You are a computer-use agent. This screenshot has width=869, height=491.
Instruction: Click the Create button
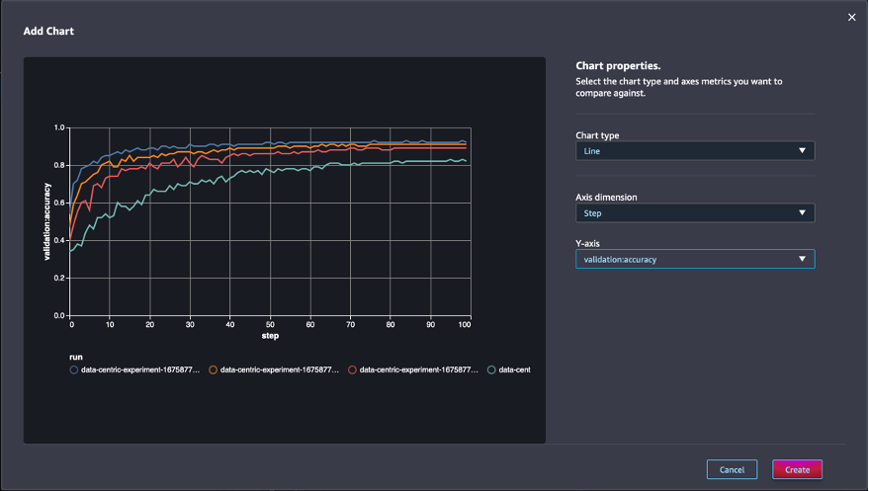797,469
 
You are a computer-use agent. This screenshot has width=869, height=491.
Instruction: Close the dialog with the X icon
851,17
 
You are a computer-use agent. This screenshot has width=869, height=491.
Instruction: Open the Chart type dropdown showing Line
695,151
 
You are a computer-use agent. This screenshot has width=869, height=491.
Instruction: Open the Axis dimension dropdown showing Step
695,212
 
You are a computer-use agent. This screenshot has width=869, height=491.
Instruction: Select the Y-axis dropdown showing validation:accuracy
695,260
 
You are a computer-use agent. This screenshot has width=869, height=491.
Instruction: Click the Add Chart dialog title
48,32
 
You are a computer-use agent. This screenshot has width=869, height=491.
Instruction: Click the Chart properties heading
618,66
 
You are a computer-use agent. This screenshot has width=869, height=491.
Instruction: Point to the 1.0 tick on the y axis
59,128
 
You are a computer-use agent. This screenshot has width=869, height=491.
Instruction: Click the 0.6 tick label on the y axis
59,204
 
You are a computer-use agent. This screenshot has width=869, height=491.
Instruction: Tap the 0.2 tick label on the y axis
59,279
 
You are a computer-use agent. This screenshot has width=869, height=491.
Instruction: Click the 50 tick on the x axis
270,324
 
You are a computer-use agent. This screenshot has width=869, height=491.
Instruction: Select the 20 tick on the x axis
150,324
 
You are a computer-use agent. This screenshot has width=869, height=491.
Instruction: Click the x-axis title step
270,336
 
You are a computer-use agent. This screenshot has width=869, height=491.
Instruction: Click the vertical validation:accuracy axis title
45,222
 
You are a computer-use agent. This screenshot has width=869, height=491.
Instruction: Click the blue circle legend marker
74,369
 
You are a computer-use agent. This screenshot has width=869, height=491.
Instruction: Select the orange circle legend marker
214,369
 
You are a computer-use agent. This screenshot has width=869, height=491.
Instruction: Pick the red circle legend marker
353,369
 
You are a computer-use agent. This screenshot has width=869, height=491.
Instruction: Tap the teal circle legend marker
492,369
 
